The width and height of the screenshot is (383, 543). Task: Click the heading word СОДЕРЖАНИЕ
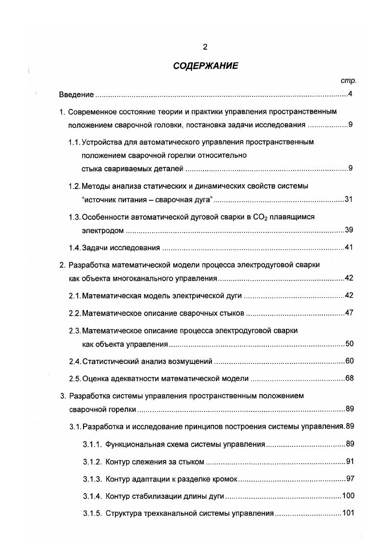click(205, 66)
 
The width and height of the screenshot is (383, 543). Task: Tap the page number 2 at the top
click(205, 46)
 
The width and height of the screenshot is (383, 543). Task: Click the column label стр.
click(348, 81)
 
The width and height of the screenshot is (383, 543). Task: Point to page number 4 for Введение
click(350, 94)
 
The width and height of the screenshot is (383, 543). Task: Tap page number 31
click(349, 199)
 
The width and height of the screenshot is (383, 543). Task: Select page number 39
click(349, 230)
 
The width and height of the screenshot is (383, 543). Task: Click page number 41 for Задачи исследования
click(349, 248)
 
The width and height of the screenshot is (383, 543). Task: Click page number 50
click(349, 344)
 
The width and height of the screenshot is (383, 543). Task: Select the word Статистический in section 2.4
click(109, 361)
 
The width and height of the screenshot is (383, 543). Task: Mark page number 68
click(349, 378)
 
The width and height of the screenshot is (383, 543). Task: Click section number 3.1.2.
click(92, 462)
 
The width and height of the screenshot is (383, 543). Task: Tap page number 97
click(350, 479)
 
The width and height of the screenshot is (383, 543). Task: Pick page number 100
click(348, 496)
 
